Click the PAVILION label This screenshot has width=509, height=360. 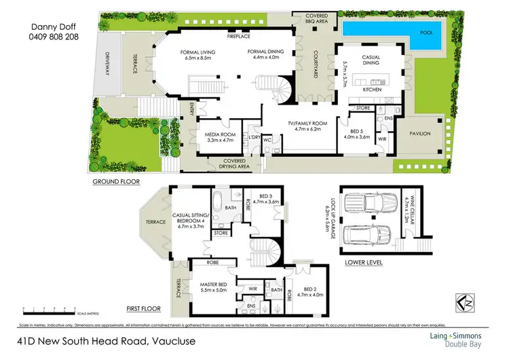click(419, 134)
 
